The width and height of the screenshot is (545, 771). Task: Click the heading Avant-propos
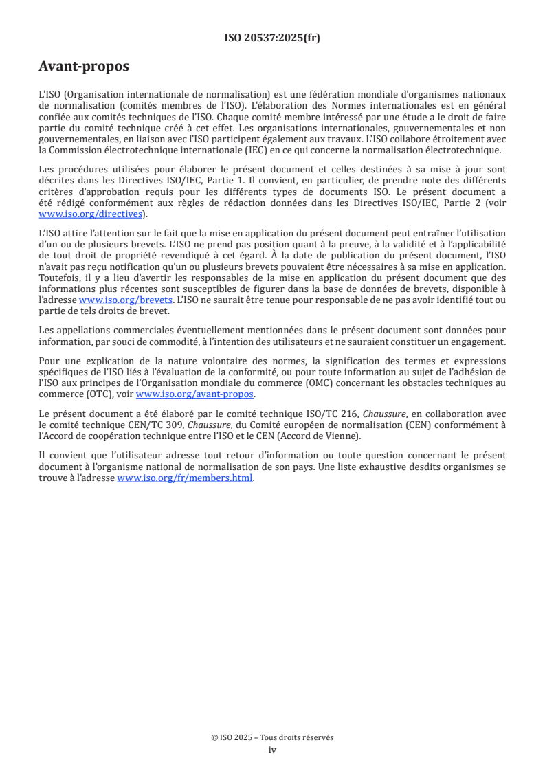point(84,67)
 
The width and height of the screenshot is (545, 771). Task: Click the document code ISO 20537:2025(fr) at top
point(272,38)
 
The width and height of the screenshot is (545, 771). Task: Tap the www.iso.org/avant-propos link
point(195,394)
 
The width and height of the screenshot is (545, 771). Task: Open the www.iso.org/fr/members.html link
point(185,478)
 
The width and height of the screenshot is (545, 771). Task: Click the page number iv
point(272,750)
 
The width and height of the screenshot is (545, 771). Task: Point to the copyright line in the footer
point(272,737)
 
